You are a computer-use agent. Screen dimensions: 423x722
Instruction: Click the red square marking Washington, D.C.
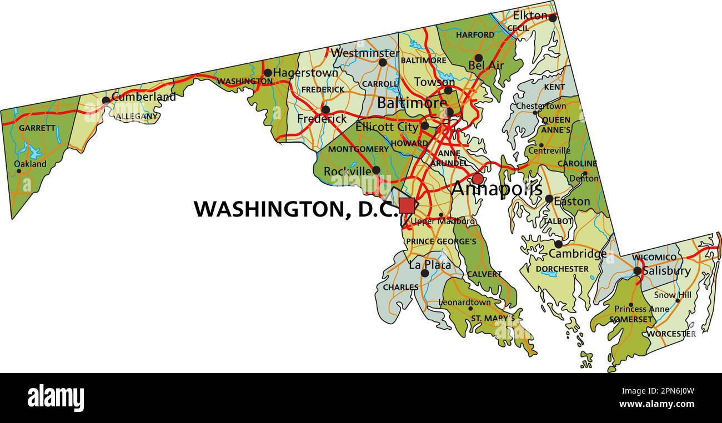(407, 205)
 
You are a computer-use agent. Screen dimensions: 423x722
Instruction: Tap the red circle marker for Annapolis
(478, 179)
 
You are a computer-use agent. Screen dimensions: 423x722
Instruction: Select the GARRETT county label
(37, 128)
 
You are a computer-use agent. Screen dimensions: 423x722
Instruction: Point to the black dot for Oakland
(19, 171)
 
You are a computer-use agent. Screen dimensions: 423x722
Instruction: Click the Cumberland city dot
(106, 100)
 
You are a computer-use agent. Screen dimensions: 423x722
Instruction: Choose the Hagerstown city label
(305, 73)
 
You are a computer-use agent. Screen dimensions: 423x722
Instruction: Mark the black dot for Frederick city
(325, 109)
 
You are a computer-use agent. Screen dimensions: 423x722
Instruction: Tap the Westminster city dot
(383, 62)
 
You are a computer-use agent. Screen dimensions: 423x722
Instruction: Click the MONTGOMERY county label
(358, 149)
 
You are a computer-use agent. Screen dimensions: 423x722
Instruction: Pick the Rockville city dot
(376, 170)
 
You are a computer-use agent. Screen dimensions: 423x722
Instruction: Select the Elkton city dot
(552, 18)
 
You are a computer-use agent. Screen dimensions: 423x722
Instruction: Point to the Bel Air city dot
(478, 58)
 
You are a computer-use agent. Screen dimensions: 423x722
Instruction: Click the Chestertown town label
(541, 105)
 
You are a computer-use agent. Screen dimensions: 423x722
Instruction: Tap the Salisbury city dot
(638, 271)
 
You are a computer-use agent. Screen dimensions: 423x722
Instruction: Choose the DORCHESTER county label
(562, 269)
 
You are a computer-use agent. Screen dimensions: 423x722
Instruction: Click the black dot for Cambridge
(558, 244)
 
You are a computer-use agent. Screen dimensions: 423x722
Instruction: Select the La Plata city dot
(425, 273)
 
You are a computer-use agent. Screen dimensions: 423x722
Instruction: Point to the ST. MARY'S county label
(493, 318)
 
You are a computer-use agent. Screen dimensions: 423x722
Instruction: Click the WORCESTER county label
(671, 334)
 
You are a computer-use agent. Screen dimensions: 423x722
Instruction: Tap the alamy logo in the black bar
(56, 398)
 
